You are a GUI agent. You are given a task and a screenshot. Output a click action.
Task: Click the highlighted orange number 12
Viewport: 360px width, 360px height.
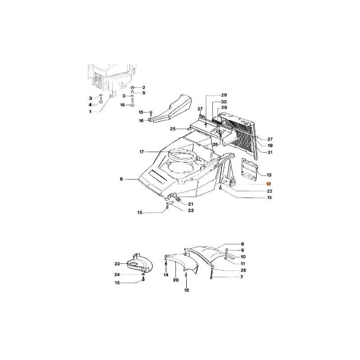[269, 184]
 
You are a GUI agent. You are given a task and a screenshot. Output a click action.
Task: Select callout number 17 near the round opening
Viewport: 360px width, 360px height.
[142, 152]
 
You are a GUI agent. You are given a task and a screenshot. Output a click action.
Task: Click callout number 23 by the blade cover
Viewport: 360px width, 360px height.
[117, 264]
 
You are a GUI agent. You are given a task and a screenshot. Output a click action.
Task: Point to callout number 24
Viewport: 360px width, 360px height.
[117, 274]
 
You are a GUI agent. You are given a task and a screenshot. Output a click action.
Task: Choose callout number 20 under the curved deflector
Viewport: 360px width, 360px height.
[175, 279]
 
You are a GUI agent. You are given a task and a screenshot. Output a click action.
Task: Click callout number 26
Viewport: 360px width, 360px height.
[243, 270]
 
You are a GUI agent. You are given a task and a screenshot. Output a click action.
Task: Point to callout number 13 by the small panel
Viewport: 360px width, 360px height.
[269, 174]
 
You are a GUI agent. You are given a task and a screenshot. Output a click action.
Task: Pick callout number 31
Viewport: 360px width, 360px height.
[270, 153]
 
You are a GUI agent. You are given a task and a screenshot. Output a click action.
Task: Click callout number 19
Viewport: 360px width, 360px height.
[270, 146]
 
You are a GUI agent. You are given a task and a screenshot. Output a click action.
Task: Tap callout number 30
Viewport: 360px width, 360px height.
[224, 102]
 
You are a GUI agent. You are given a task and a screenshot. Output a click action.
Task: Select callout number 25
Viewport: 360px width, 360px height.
[172, 129]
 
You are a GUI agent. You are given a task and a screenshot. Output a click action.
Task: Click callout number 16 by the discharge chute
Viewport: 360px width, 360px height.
[141, 121]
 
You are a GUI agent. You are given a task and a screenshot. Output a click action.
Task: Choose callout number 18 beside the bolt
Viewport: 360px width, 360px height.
[122, 105]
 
